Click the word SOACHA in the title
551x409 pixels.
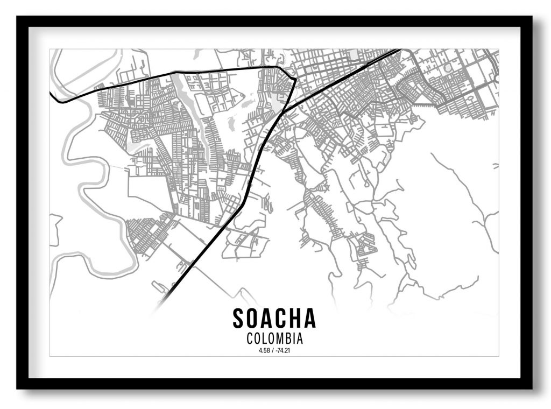coord(274,319)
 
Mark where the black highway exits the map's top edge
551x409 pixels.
coord(399,50)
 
